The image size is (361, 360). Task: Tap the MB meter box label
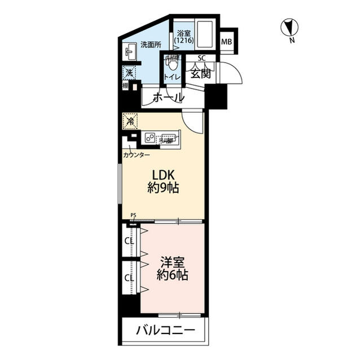pyautogui.click(x=226, y=41)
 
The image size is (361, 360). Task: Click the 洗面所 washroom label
pyautogui.click(x=151, y=44)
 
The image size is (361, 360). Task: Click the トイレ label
pyautogui.click(x=171, y=76)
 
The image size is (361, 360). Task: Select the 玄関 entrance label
pyautogui.click(x=199, y=73)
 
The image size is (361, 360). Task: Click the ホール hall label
pyautogui.click(x=168, y=97)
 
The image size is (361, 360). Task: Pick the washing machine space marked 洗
pyautogui.click(x=129, y=73)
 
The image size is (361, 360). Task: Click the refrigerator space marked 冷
pyautogui.click(x=130, y=120)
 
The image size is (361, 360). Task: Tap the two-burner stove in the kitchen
pyautogui.click(x=151, y=137)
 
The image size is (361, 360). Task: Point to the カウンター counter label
pyautogui.click(x=137, y=154)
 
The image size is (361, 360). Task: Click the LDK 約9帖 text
pyautogui.click(x=163, y=181)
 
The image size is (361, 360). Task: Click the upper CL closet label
pyautogui.click(x=129, y=241)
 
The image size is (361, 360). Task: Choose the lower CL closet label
pyautogui.click(x=129, y=278)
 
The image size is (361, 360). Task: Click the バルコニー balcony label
pyautogui.click(x=165, y=331)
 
